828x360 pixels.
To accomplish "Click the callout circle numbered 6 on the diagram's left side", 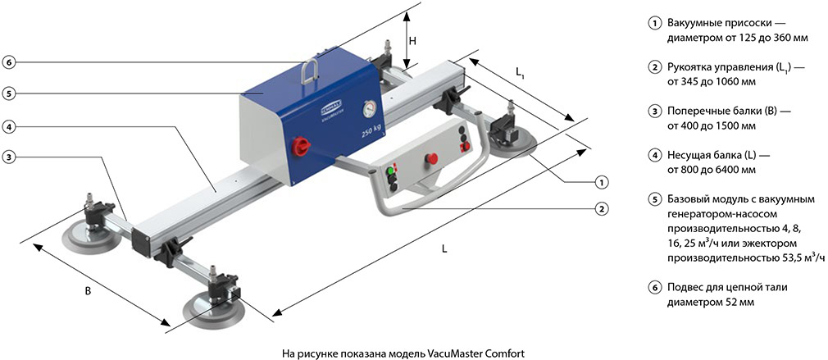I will (x=8, y=62).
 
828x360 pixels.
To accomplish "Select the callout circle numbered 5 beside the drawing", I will (x=8, y=93).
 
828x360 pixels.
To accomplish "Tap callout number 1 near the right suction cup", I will (x=601, y=181).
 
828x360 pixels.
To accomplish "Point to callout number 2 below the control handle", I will (x=601, y=209).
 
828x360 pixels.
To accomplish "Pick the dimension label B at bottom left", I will (x=88, y=290).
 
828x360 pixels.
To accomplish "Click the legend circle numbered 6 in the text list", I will (x=654, y=288).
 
